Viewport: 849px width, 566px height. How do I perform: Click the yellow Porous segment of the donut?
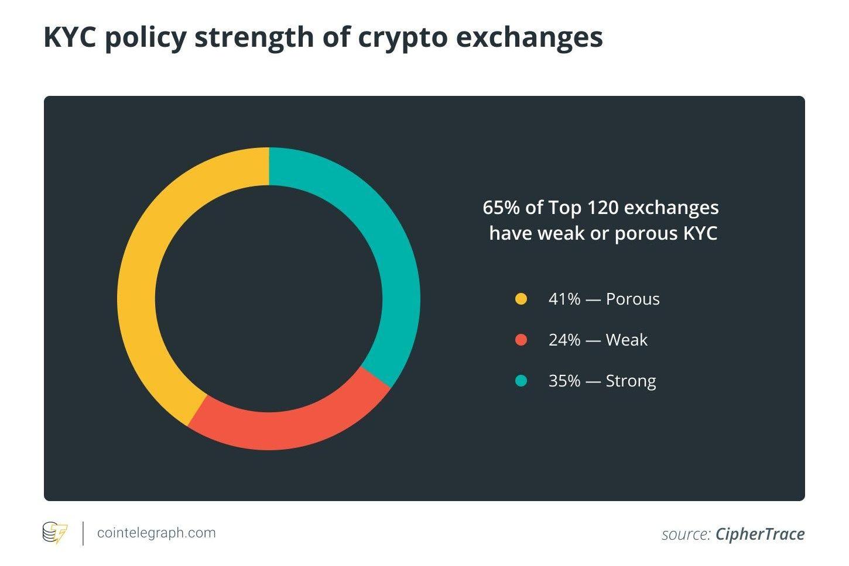[x=138, y=281]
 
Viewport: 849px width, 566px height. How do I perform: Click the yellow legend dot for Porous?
[x=521, y=299]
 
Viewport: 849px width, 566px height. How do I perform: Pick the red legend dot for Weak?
[x=521, y=340]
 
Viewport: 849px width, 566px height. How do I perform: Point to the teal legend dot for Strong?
[x=521, y=381]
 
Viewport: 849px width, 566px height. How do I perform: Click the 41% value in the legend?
[x=564, y=299]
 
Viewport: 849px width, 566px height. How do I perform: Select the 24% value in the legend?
[x=564, y=340]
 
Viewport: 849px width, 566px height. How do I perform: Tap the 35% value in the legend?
[x=564, y=381]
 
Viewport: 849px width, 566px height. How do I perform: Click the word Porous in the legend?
[x=632, y=299]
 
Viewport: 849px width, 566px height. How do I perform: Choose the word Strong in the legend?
[x=631, y=381]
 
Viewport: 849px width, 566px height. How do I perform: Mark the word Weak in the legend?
[x=627, y=340]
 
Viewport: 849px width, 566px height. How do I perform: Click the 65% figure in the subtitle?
[x=501, y=208]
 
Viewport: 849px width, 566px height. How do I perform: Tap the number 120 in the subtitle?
[x=602, y=208]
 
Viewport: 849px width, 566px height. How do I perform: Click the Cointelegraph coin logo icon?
[x=54, y=533]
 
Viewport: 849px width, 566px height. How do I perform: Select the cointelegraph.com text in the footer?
[x=156, y=533]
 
